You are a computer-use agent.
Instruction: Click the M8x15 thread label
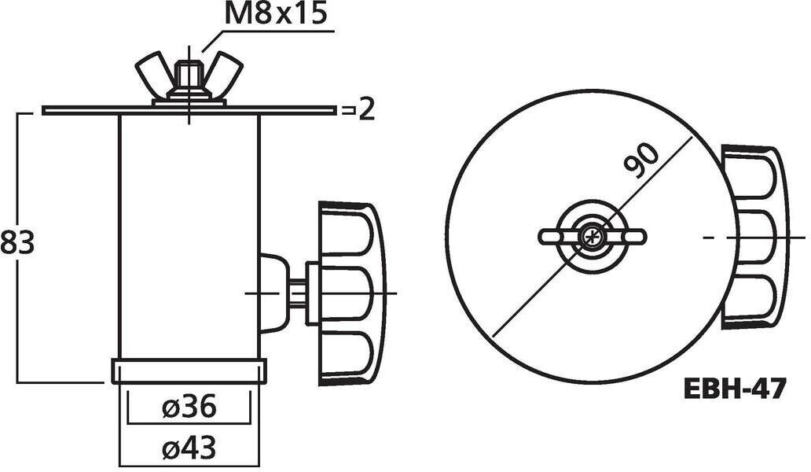coord(275,15)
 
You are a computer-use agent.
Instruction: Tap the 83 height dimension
coord(17,242)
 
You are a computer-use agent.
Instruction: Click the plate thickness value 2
coord(365,110)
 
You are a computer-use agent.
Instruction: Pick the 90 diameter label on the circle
coord(642,161)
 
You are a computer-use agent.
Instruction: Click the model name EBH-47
coord(734,389)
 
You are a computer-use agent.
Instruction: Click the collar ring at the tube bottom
coord(189,371)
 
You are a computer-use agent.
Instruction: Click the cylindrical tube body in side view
coord(189,236)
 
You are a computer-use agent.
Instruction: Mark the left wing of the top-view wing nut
coord(556,235)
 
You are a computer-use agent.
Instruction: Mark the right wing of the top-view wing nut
coord(629,235)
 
